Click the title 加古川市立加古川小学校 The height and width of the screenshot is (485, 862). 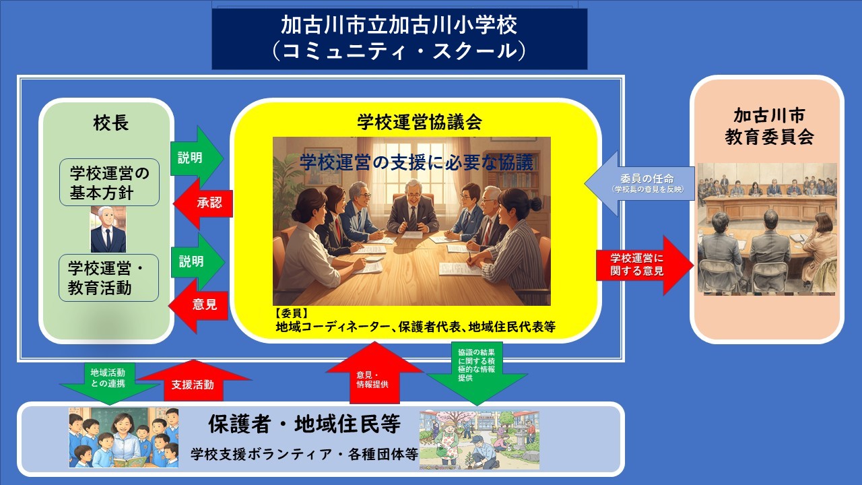(399, 26)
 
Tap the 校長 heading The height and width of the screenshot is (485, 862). (111, 123)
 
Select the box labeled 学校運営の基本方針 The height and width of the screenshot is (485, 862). (109, 183)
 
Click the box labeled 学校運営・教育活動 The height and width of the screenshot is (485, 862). (108, 278)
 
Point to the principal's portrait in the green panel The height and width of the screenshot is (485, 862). (108, 230)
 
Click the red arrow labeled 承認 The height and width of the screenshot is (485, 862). (203, 203)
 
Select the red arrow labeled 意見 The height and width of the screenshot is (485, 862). (199, 305)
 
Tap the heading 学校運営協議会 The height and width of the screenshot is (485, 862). (420, 122)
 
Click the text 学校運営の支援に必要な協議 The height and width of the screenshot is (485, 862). (417, 162)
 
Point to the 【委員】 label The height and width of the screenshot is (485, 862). (292, 313)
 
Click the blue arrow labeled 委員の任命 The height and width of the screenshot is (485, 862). (640, 183)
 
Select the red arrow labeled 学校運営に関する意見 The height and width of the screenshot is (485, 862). (645, 265)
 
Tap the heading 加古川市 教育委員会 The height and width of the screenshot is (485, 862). (769, 127)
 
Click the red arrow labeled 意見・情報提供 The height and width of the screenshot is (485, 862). (374, 373)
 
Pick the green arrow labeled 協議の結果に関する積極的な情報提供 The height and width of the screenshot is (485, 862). (477, 373)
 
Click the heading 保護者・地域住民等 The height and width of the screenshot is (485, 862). (304, 424)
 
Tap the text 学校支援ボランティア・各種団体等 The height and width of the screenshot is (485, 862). (304, 454)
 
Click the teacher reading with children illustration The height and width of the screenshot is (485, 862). (123, 438)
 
